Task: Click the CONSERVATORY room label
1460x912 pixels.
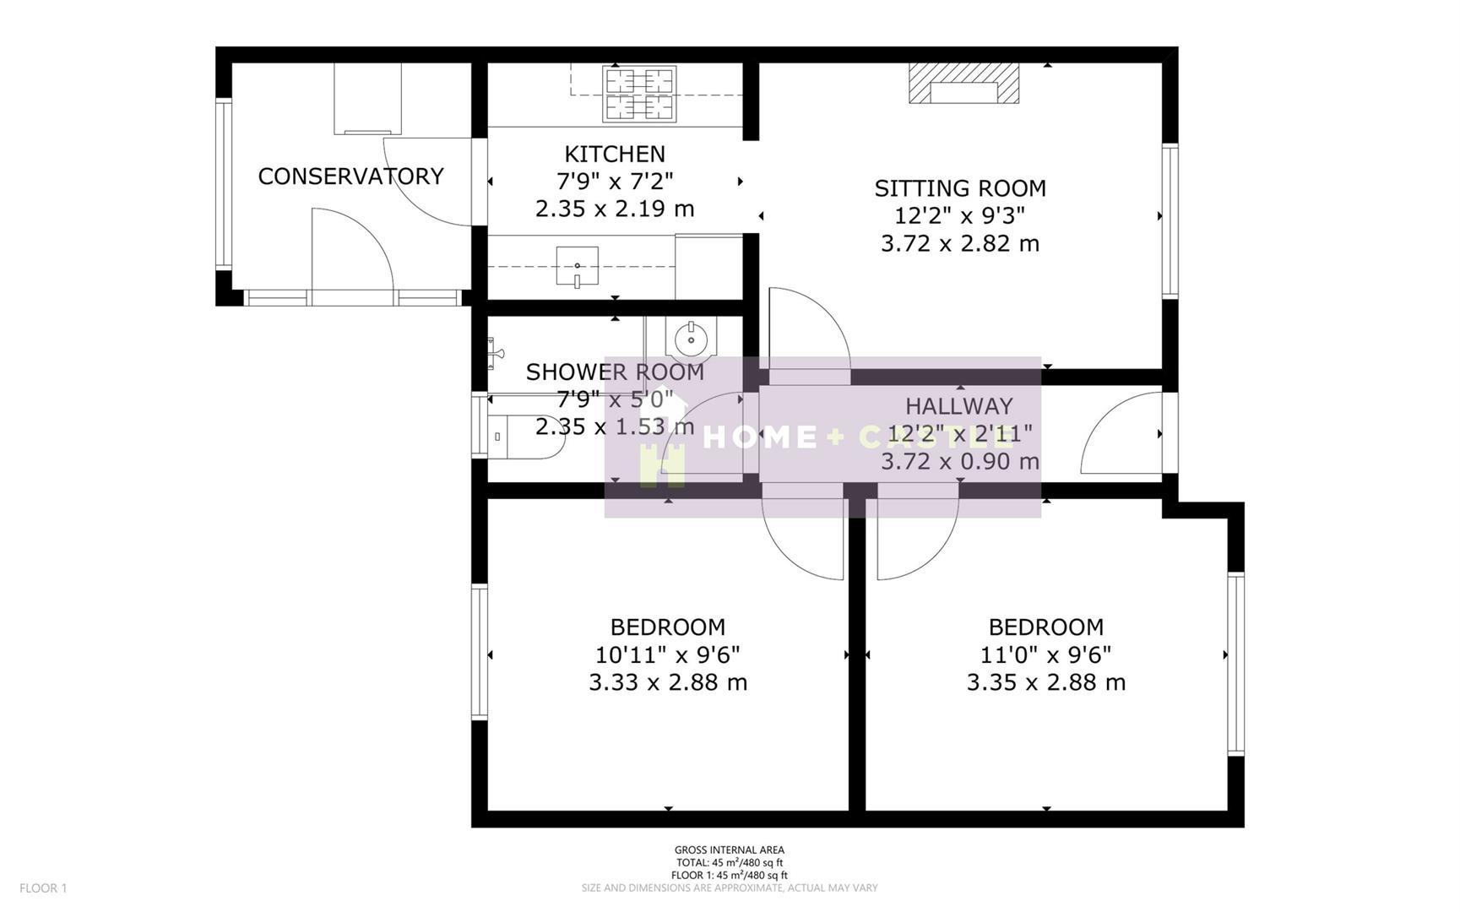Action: pyautogui.click(x=350, y=176)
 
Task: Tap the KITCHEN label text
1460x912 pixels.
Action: pyautogui.click(x=614, y=154)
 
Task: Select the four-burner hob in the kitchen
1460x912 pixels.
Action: pyautogui.click(x=639, y=94)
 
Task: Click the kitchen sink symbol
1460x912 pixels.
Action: pyautogui.click(x=578, y=267)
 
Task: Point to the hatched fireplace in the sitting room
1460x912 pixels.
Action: pyautogui.click(x=963, y=84)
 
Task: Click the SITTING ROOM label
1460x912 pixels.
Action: pyautogui.click(x=959, y=187)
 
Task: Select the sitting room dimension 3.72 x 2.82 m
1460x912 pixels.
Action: pyautogui.click(x=959, y=243)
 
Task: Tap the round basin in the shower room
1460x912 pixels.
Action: pyautogui.click(x=691, y=339)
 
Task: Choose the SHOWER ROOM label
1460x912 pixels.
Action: pyautogui.click(x=614, y=372)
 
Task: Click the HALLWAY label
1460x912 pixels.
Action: pyautogui.click(x=958, y=406)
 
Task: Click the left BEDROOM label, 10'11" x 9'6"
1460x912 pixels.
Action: pyautogui.click(x=667, y=627)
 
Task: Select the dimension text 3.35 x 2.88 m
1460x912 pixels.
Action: pyautogui.click(x=1045, y=682)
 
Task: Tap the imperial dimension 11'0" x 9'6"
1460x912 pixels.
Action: pyautogui.click(x=1045, y=654)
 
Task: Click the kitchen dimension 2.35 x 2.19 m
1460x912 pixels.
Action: pyautogui.click(x=614, y=209)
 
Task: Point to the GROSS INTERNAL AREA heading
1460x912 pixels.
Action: pyautogui.click(x=729, y=850)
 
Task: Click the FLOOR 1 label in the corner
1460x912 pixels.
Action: pyautogui.click(x=43, y=888)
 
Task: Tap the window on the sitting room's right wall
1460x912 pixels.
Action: pyautogui.click(x=1169, y=221)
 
